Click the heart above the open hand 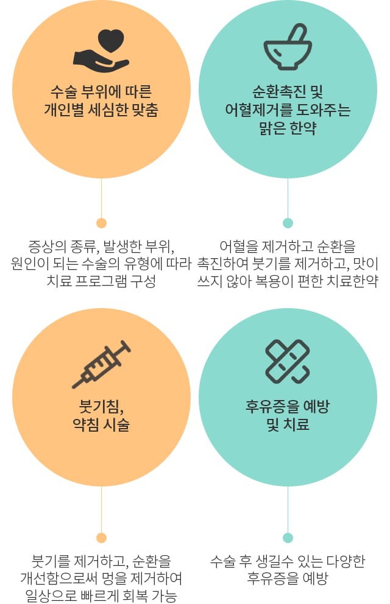(111, 41)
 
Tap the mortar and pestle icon (288, 47)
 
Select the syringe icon (101, 364)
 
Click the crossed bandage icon (288, 361)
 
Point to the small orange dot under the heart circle (101, 223)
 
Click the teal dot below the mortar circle (288, 223)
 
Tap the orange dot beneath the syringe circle (101, 538)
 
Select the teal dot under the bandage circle (288, 538)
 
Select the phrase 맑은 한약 (288, 128)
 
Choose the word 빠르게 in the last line (99, 595)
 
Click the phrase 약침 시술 (101, 424)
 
